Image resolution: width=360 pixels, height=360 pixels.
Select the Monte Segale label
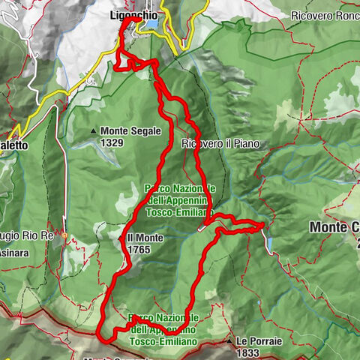point(130,130)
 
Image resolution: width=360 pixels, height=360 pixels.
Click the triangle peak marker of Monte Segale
point(93,131)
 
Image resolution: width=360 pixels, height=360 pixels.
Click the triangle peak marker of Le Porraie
point(229,342)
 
